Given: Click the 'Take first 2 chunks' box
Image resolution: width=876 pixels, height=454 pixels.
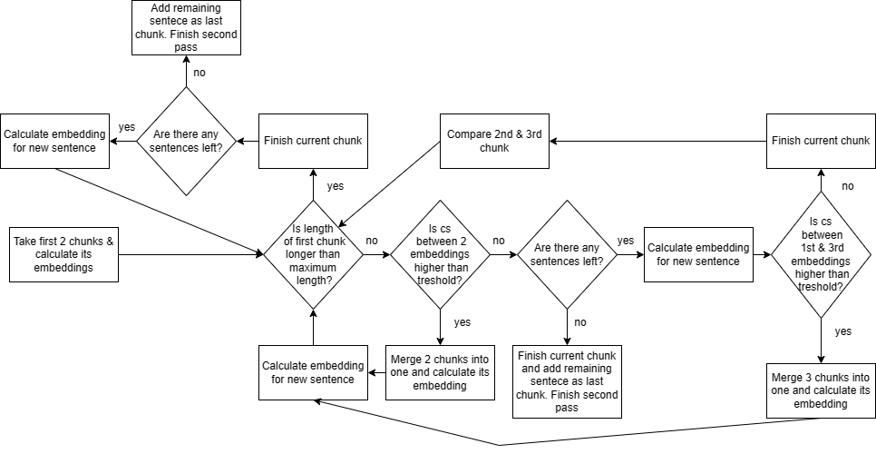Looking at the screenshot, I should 63,255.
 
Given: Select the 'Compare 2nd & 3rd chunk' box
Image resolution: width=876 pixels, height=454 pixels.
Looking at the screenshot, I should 494,141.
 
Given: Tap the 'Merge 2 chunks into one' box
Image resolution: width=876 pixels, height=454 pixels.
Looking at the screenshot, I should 440,372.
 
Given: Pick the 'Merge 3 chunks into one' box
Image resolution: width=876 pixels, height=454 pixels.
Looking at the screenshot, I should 821,390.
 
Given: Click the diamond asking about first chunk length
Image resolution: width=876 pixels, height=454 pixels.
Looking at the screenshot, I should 313,255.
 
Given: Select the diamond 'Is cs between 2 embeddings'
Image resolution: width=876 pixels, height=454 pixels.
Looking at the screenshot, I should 440,255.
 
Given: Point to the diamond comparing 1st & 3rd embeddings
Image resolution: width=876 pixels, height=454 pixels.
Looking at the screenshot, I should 821,255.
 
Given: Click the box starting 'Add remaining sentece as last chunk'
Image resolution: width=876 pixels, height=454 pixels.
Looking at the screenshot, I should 186,28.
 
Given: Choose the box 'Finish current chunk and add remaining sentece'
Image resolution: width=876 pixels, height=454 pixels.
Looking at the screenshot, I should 567,381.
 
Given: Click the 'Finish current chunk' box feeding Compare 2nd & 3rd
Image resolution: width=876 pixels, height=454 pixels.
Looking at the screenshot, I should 821,141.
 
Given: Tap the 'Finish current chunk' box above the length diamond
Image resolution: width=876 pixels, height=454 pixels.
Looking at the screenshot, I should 313,141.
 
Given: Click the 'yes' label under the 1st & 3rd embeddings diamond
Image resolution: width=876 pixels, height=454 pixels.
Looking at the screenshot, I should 842,331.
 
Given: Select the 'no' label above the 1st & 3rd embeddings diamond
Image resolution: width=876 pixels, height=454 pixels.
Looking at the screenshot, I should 847,185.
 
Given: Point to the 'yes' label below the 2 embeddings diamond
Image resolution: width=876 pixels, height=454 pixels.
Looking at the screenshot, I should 462,321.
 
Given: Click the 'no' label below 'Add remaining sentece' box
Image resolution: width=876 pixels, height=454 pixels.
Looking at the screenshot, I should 200,71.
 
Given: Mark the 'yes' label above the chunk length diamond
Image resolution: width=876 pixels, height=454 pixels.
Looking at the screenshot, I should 335,185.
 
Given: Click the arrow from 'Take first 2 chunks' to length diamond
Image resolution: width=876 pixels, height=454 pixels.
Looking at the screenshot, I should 190,255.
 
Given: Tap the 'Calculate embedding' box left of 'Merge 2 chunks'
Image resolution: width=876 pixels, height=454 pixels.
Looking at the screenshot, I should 313,372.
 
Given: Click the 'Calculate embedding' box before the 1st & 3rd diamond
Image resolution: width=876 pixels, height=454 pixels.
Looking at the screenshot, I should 698,255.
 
